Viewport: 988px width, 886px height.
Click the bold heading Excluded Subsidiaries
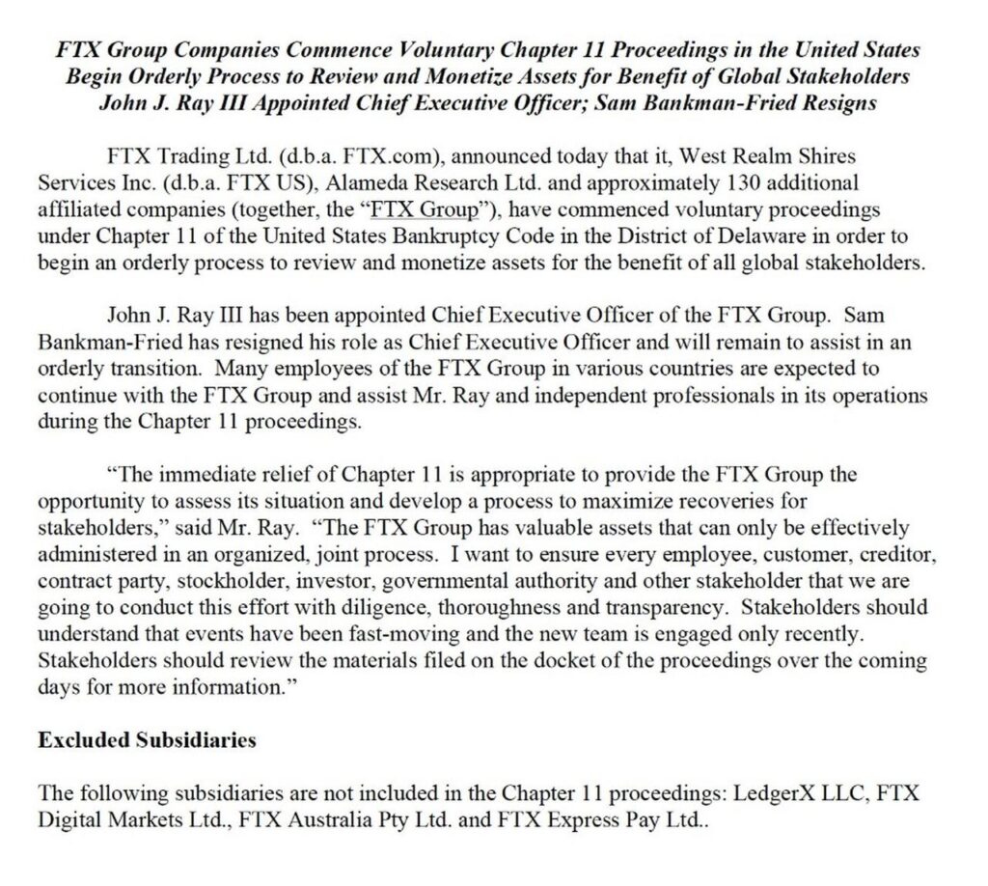147,740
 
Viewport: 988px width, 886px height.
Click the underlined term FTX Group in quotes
425,210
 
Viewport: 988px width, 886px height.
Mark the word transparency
646,609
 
